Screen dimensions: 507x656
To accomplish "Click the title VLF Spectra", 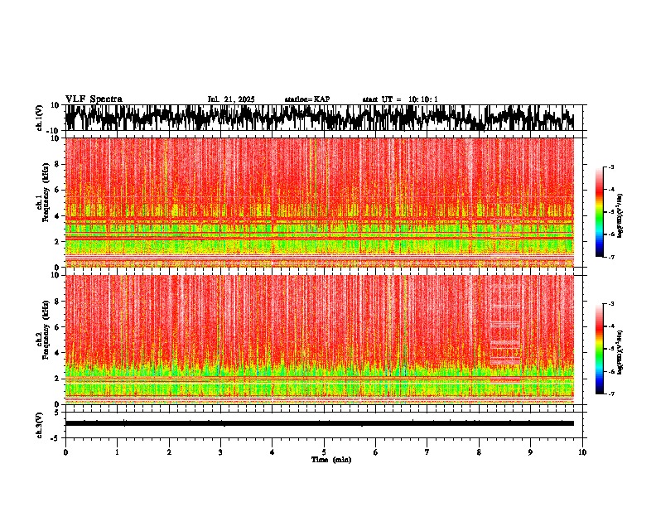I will [x=94, y=99].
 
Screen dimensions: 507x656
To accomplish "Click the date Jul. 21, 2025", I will [x=230, y=99].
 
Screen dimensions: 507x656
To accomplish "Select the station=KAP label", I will [x=306, y=99].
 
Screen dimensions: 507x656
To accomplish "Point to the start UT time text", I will [x=399, y=99].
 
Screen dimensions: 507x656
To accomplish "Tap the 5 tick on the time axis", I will [x=324, y=451].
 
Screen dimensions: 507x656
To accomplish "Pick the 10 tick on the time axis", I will [x=582, y=451].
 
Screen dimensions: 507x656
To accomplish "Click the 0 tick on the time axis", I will [x=65, y=451].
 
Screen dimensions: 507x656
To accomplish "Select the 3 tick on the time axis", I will [x=220, y=451].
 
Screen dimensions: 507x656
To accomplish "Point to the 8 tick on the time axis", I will [x=479, y=451].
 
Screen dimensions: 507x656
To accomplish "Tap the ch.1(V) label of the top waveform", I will [x=39, y=118].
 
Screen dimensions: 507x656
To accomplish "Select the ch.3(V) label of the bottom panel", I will [x=39, y=423].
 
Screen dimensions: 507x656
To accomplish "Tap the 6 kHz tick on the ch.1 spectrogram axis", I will [x=58, y=190].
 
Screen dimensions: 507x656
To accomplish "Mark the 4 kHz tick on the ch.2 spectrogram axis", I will [x=58, y=352].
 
